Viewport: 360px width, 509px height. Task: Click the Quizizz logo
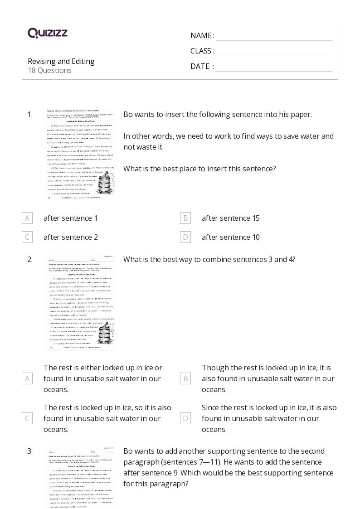click(48, 33)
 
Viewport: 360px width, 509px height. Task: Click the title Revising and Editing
click(61, 61)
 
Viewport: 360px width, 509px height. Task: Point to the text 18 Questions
click(49, 70)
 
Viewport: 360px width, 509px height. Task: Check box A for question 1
click(27, 218)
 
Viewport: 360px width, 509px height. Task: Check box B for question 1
click(185, 218)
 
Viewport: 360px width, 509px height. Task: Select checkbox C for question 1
click(27, 237)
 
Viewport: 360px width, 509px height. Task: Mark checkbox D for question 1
click(185, 237)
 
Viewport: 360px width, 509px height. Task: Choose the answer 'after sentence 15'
click(230, 218)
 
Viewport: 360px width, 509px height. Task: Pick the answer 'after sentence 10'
click(230, 237)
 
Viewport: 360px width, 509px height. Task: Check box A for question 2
click(27, 378)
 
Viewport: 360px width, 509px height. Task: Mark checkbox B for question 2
click(185, 378)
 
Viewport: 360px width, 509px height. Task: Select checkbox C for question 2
click(27, 418)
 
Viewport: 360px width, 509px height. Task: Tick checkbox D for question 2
click(185, 418)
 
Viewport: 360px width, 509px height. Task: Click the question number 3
click(30, 451)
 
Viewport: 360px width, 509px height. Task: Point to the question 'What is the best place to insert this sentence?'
click(199, 169)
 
